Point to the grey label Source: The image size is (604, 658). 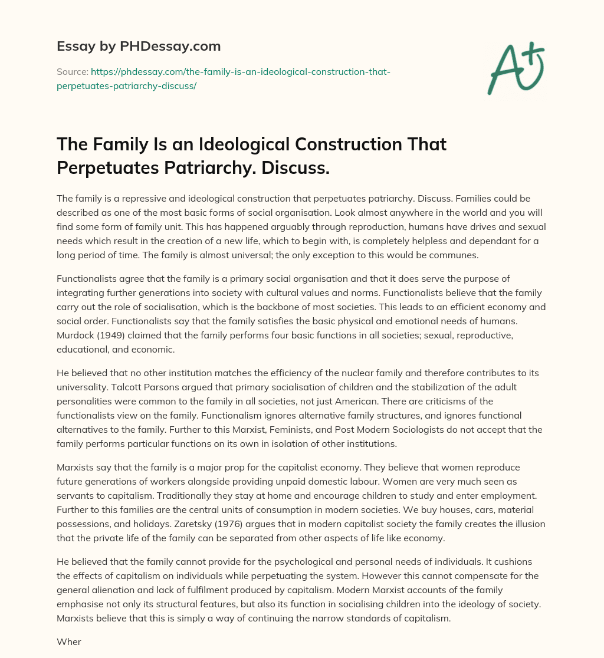72,72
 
